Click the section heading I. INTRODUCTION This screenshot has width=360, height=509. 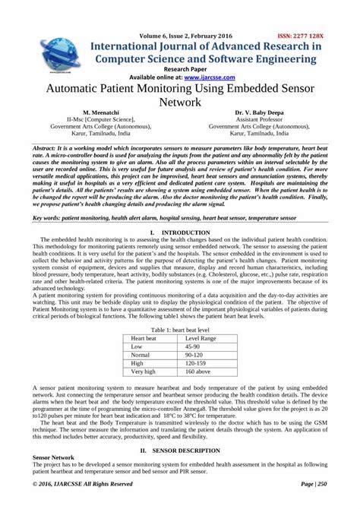click(x=179, y=230)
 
